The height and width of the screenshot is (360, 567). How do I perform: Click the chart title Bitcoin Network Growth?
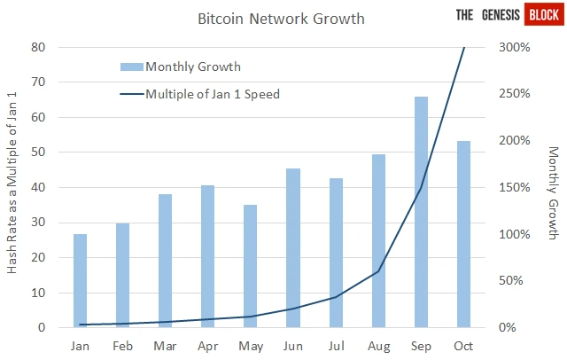point(281,19)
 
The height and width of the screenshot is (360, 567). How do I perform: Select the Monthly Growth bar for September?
point(422,212)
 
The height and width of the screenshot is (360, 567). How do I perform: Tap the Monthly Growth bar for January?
point(80,281)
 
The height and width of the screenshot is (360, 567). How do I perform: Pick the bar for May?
point(250,266)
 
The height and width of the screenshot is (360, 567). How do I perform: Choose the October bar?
point(463,234)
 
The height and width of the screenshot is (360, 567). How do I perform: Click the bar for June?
point(293,248)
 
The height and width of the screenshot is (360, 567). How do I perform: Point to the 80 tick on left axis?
point(38,47)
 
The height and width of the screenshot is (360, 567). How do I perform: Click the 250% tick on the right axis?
point(515,94)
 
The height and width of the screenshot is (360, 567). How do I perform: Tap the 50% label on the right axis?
point(511,280)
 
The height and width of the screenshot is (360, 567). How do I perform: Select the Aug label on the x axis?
point(378,346)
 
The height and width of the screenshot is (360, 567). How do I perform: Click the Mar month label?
point(165,346)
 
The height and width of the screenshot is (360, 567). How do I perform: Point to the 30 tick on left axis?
point(38,223)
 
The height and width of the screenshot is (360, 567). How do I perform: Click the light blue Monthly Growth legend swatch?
point(132,67)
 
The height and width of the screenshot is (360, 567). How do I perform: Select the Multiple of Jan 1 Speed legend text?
point(213,94)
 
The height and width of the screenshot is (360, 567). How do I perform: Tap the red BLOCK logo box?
point(544,14)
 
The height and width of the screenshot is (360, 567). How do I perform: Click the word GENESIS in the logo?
point(501,15)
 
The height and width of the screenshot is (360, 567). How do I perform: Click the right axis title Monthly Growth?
point(554,192)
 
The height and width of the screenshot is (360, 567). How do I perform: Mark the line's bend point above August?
point(378,271)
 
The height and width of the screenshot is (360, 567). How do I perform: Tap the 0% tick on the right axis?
point(508,327)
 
